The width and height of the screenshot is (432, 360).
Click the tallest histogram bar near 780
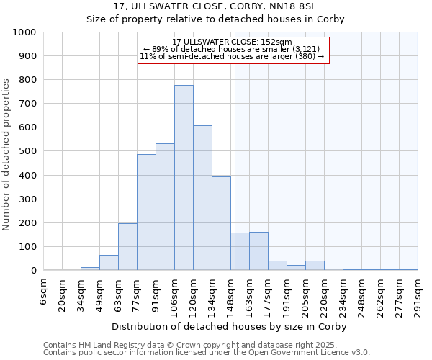(x=184, y=178)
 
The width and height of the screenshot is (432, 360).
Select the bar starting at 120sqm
(x=202, y=198)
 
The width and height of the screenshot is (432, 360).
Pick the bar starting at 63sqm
(x=127, y=247)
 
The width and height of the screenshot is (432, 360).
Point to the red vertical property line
(x=235, y=166)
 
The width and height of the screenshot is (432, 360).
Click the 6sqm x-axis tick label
(x=44, y=292)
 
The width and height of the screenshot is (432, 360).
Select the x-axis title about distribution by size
(x=230, y=326)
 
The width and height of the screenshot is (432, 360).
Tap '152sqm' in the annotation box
(x=277, y=42)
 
